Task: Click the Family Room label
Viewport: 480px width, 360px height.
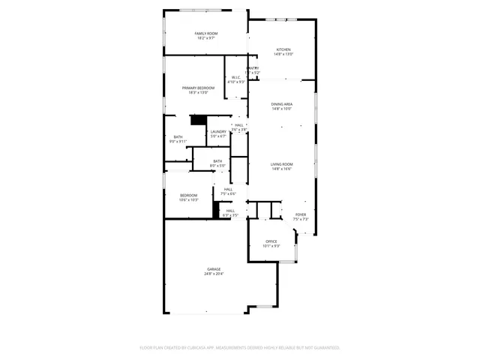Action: point(206,34)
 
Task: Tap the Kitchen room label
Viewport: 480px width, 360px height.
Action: point(282,49)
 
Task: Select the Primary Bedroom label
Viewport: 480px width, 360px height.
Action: point(198,88)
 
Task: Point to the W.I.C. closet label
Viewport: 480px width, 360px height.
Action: point(235,77)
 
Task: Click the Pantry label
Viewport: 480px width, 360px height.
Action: point(253,68)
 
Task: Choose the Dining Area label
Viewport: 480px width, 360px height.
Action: point(282,104)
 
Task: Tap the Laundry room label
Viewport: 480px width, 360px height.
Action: point(218,132)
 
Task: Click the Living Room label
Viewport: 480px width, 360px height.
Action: point(282,164)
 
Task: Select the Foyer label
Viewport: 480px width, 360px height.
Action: point(301,215)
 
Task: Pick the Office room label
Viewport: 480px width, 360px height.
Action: point(271,241)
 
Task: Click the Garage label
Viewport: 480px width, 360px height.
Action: point(214,268)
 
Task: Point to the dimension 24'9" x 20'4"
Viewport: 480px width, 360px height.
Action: point(214,274)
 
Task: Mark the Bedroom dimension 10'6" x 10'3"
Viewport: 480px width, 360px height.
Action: point(188,200)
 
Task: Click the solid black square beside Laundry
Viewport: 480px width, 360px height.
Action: point(199,119)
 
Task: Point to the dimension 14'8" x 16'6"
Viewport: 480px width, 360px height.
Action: point(282,169)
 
